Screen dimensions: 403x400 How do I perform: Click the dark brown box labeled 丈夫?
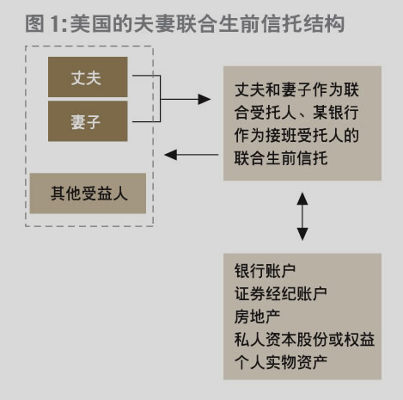tap(88, 77)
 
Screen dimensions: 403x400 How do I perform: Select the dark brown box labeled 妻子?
tap(88, 121)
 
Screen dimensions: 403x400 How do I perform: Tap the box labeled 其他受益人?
tap(88, 194)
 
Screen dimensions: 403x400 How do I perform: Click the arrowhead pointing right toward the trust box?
tap(205, 99)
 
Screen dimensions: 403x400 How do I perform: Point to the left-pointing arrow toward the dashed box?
tap(192, 155)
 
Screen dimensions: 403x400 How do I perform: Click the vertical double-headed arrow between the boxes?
tap(302, 217)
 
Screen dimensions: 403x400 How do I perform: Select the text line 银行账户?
tap(265, 271)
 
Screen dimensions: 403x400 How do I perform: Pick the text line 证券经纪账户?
tap(281, 293)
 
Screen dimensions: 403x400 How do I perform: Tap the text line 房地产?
tap(257, 317)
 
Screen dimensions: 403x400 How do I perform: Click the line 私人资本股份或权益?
tap(304, 340)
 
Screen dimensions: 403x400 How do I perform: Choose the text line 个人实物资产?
tap(281, 362)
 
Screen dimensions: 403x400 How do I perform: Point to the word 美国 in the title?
tap(91, 23)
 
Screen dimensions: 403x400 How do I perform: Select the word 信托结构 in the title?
tap(302, 23)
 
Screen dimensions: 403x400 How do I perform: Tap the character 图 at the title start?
tap(34, 23)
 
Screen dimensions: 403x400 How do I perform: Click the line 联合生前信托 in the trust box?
tap(281, 158)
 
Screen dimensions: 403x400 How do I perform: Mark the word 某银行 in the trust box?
tap(335, 113)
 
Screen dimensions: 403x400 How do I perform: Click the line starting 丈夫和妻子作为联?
tap(296, 89)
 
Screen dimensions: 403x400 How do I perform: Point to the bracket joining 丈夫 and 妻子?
tap(160, 99)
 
